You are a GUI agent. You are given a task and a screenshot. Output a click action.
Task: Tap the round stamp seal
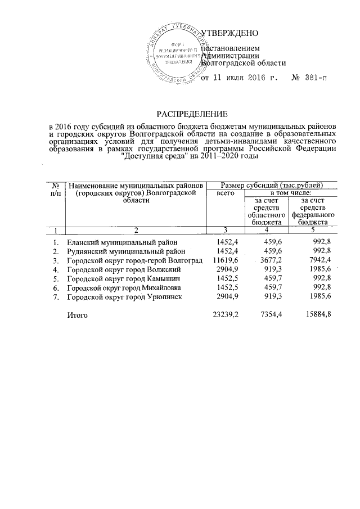(175, 54)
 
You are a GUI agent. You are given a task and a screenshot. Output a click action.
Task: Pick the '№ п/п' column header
(56, 189)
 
